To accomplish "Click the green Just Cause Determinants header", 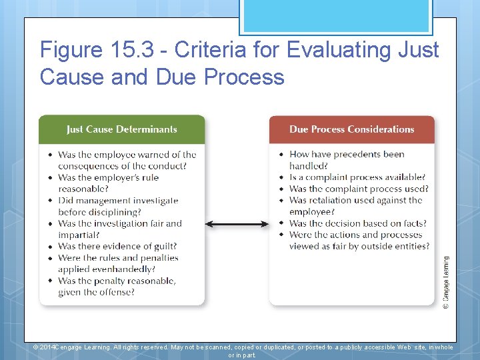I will pyautogui.click(x=122, y=129).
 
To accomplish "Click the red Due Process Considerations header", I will pyautogui.click(x=351, y=129).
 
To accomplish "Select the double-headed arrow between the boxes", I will pyautogui.click(x=237, y=224).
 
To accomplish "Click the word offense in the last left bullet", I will pyautogui.click(x=117, y=292).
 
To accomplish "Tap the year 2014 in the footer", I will pyautogui.click(x=44, y=347).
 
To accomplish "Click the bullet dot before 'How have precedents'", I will pyautogui.click(x=282, y=155).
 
